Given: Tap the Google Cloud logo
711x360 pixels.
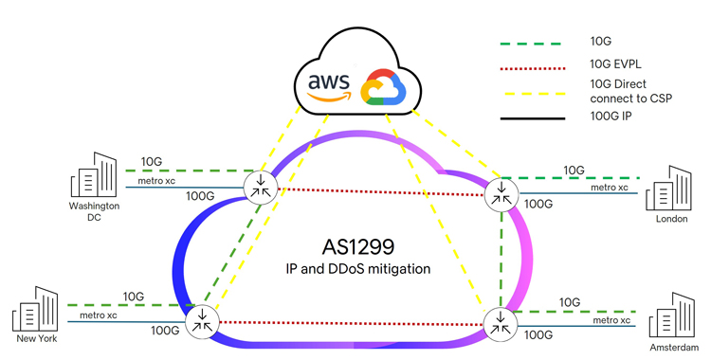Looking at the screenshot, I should [384, 86].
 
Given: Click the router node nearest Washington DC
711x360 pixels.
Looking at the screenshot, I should [259, 186].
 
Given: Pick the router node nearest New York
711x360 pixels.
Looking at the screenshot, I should [202, 321].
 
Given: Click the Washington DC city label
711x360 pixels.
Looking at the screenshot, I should [93, 211].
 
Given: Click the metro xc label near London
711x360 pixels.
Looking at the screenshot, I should [610, 188].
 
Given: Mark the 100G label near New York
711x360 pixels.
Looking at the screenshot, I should [165, 331].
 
